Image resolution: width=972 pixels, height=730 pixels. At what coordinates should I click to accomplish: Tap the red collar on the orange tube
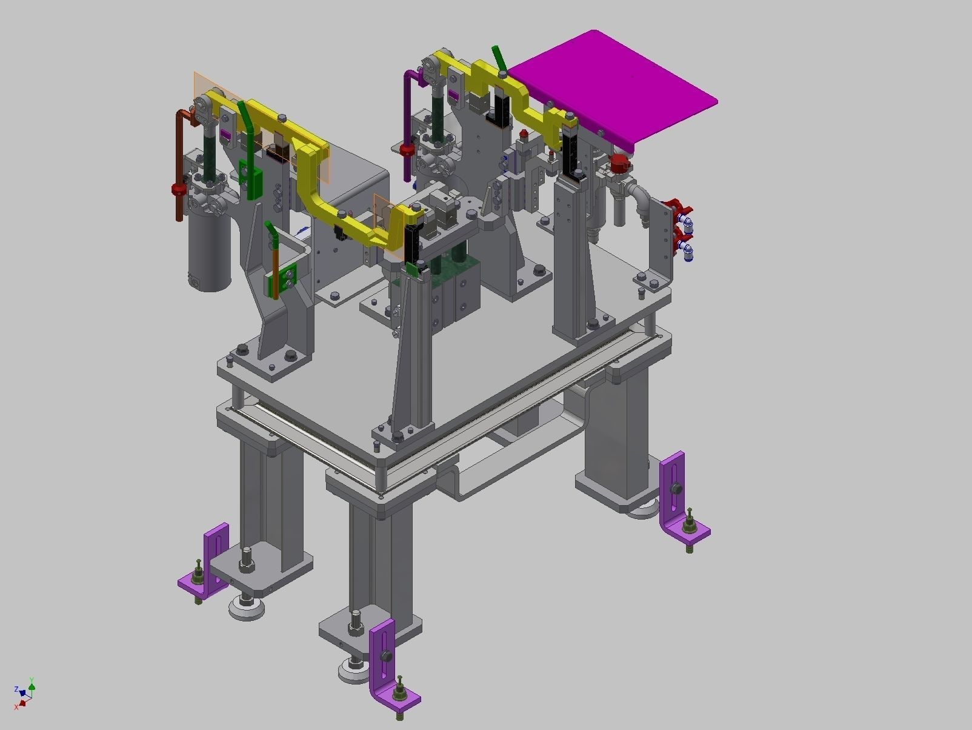pos(179,190)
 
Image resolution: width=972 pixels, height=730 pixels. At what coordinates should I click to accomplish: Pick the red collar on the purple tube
pos(407,149)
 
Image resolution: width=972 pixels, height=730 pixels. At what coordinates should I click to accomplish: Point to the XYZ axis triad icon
pos(24,694)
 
